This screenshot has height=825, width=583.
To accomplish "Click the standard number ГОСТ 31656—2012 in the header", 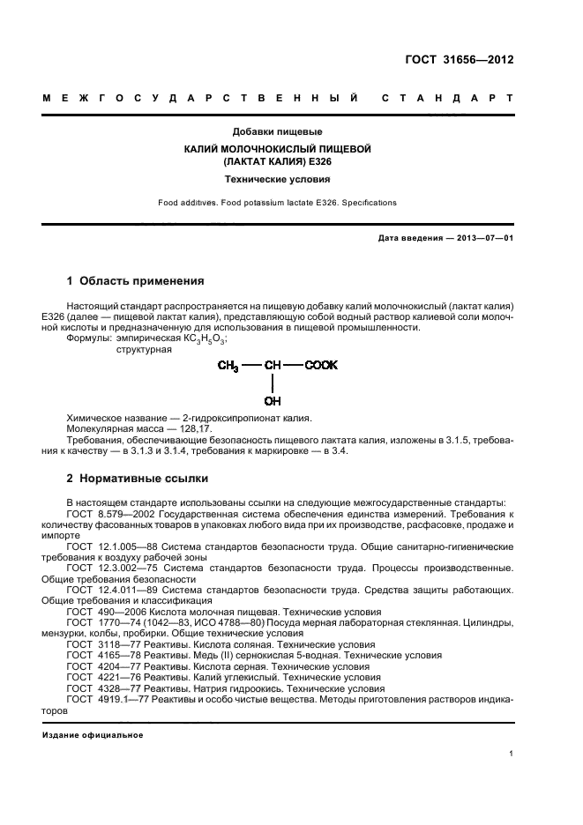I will pos(472,60).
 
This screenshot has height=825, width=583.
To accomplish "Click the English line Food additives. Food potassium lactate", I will pos(277,203).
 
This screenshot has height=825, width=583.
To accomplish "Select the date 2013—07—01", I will pos(482,239).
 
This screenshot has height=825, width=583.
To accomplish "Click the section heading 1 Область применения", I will pos(136,282).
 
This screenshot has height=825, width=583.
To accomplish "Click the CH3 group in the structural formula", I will pos(228,365).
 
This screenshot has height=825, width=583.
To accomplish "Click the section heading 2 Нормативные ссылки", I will pos(138,479).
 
